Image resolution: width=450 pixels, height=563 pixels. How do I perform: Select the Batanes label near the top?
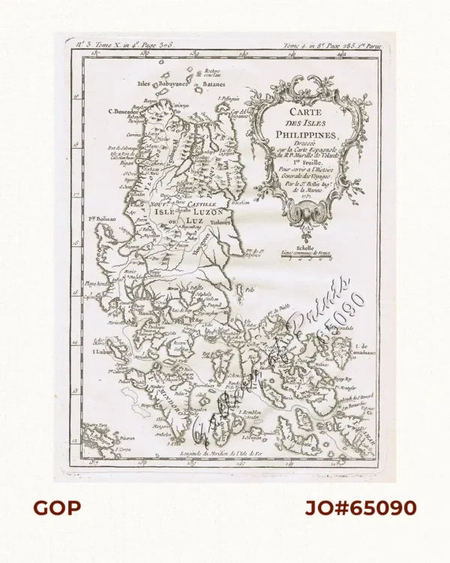tap(195, 86)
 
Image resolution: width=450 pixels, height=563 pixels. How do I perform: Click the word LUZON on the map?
tap(198, 212)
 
